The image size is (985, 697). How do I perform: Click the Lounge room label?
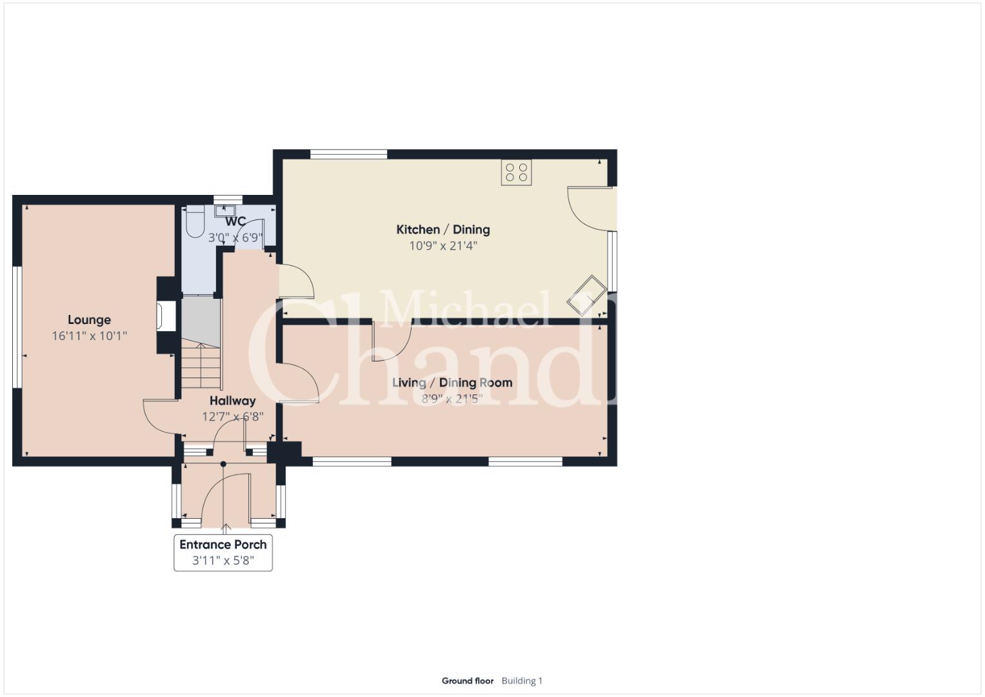tap(89, 320)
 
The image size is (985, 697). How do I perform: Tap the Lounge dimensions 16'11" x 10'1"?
tap(89, 336)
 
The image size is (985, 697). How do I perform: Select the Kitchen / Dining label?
tap(443, 230)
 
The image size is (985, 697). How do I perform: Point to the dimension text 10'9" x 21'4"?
tap(443, 245)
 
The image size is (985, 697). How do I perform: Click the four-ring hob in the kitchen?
tap(516, 172)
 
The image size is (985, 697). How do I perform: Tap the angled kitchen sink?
tap(587, 296)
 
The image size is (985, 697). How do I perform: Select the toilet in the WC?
tap(194, 222)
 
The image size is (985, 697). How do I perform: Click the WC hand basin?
tap(225, 210)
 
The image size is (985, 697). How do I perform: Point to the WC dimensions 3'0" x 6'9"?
tap(235, 238)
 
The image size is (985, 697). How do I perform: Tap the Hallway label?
tap(233, 401)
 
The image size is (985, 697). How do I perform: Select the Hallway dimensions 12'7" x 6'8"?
tap(233, 416)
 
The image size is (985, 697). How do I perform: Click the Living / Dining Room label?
tap(452, 383)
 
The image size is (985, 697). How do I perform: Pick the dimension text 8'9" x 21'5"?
tap(452, 399)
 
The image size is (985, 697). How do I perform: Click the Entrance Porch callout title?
tap(223, 545)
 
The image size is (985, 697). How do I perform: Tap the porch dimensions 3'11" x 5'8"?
tap(223, 561)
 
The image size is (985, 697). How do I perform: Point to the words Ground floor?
tap(468, 681)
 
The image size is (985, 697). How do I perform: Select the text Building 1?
tap(522, 681)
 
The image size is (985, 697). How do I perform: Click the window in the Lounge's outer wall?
tap(17, 327)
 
